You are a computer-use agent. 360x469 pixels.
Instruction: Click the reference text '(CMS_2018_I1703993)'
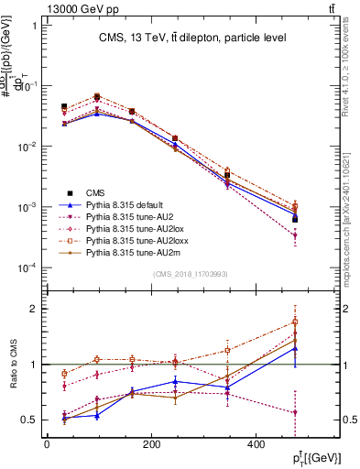(190, 274)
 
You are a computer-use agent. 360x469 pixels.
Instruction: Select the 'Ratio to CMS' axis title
(13, 365)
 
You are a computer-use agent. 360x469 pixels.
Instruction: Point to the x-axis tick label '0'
(46, 445)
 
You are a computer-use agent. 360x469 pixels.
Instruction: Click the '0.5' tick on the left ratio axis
(27, 420)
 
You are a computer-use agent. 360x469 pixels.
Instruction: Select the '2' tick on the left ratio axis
(33, 309)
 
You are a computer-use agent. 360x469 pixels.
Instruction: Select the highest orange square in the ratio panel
(295, 322)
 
